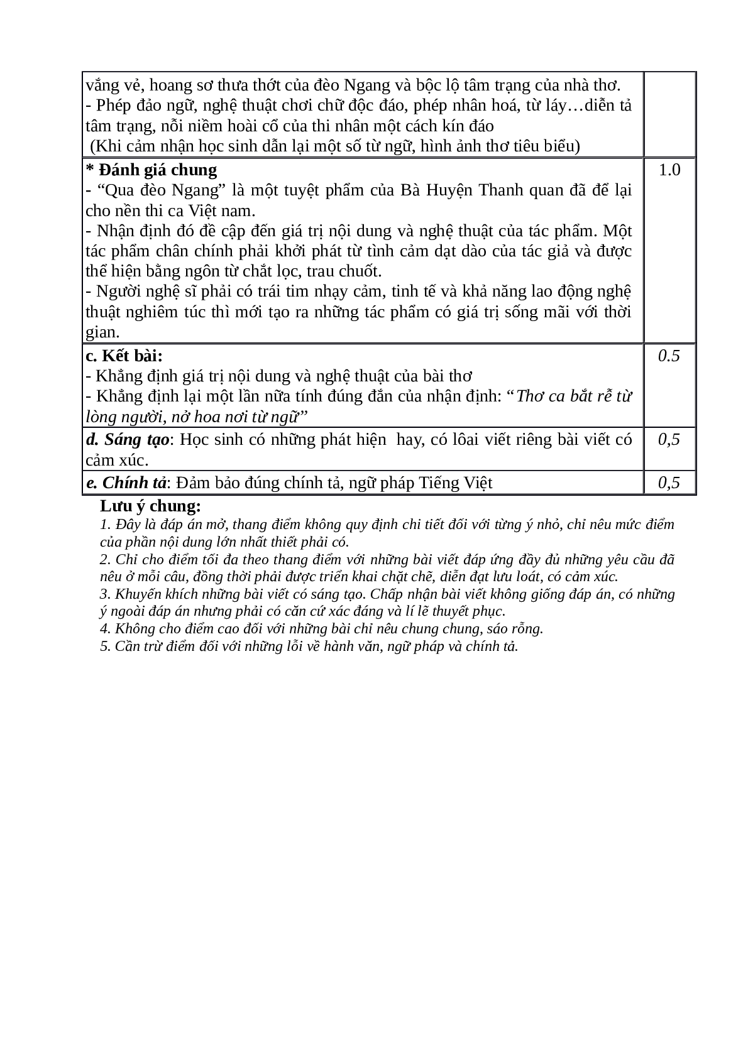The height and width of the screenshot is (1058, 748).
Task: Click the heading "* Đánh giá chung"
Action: (x=151, y=170)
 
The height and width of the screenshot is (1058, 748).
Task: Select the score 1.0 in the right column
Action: (x=669, y=170)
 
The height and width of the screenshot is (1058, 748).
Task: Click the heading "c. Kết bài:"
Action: (x=124, y=356)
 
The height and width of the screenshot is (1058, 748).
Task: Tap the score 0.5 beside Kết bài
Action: (x=669, y=356)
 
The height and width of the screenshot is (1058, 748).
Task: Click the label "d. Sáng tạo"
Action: (x=127, y=439)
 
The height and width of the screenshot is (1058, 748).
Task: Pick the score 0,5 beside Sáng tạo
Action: (x=669, y=439)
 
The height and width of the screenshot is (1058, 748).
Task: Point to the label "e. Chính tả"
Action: (x=126, y=483)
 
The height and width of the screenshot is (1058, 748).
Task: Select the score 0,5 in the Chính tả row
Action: (x=669, y=483)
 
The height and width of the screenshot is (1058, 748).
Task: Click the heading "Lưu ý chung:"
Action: (x=150, y=506)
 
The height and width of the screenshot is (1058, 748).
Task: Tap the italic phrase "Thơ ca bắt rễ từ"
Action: (x=573, y=396)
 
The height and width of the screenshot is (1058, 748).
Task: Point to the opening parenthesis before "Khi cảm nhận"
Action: (x=93, y=146)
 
